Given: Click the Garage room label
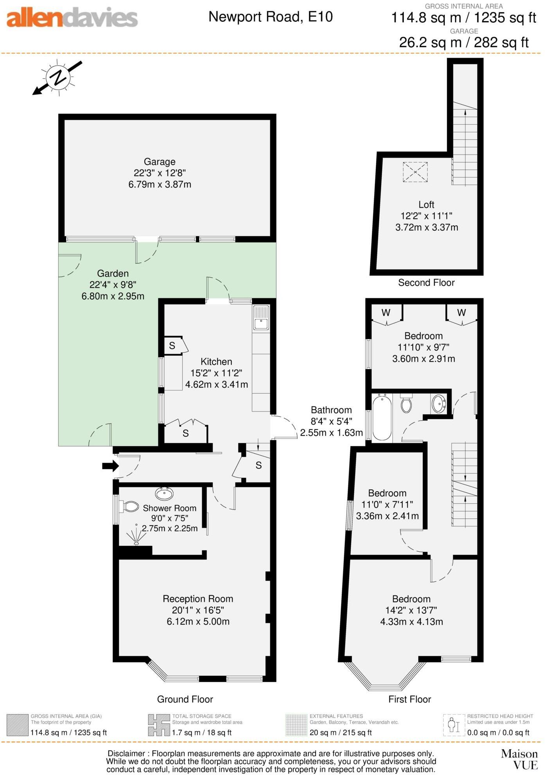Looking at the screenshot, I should pos(160,162).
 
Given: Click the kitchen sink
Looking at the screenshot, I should pos(261,318).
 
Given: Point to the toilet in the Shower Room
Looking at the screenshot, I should pos(130,507).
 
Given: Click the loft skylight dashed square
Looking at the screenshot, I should pos(415,172).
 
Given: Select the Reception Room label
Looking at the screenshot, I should pos(198,599).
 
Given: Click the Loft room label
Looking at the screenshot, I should pos(426,205).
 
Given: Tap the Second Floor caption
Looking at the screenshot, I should pos(426,283).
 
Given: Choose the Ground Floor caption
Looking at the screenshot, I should pos(185,699).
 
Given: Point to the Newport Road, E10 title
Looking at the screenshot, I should pos(271,17).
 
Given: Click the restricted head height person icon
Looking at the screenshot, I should pos(454,725).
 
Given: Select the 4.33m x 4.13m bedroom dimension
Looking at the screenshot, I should pos(411,622).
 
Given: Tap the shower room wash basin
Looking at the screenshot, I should pos(165,494).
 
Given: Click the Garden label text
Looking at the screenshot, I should pos(113,274).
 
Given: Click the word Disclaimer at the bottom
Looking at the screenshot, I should pos(126,754).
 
